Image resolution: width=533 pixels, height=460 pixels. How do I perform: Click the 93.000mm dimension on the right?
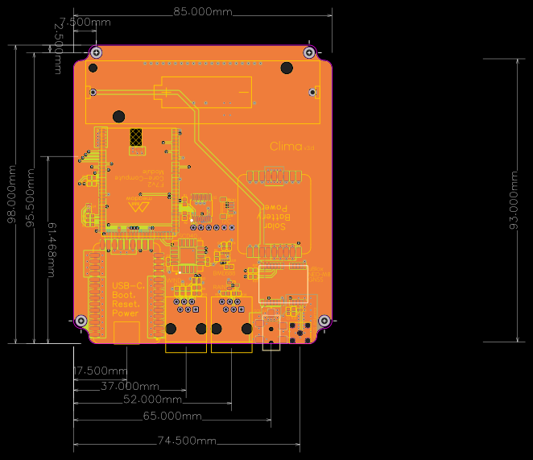514,200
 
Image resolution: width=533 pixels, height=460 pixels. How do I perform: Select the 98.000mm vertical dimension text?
11,194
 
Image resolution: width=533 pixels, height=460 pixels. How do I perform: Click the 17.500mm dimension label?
101,371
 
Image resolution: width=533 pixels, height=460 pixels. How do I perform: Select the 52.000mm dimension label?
152,400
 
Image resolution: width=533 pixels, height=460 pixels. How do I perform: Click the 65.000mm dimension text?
172,416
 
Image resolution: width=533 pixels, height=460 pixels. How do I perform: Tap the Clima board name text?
286,147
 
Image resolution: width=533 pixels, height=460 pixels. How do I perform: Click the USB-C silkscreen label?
126,286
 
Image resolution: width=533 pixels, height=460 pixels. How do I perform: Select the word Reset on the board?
125,305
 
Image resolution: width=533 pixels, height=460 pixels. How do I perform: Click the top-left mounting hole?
97,52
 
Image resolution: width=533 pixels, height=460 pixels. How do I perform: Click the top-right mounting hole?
309,52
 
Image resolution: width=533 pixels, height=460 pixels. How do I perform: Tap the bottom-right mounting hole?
324,321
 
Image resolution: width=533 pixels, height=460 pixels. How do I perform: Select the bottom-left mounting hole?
81,321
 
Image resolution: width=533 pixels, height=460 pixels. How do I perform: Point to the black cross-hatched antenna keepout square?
137,141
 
